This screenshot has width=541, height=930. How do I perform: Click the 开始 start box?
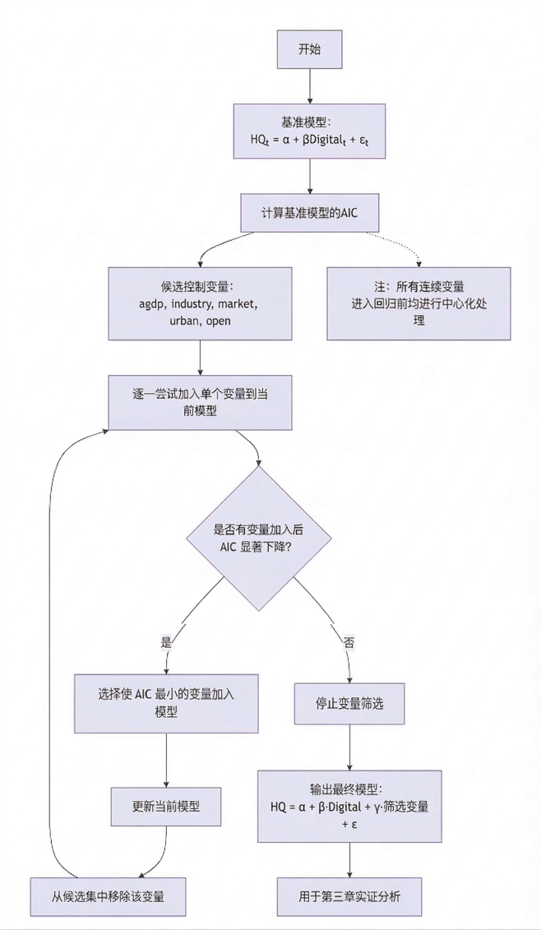[x=309, y=49]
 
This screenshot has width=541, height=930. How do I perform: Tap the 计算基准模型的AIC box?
[x=309, y=213]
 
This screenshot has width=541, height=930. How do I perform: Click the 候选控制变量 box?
[x=200, y=303]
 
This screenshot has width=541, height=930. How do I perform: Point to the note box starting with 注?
[x=418, y=303]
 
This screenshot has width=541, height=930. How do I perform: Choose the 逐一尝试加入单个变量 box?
[x=200, y=402]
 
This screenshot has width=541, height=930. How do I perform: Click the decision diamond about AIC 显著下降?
[x=260, y=539]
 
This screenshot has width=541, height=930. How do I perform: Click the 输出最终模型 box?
[x=350, y=806]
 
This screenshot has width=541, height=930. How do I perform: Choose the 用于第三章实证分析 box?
[x=350, y=895]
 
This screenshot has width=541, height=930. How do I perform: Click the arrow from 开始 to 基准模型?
[x=309, y=86]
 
